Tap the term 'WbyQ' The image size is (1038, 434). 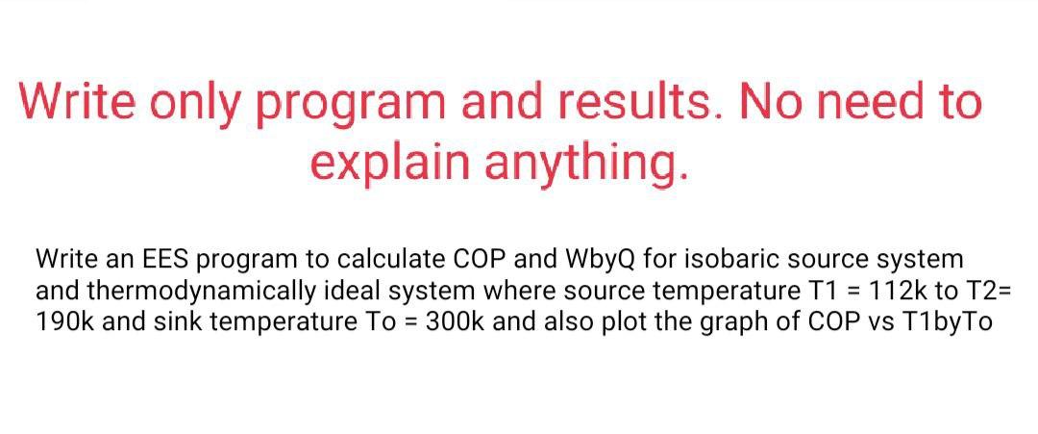tap(582, 260)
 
